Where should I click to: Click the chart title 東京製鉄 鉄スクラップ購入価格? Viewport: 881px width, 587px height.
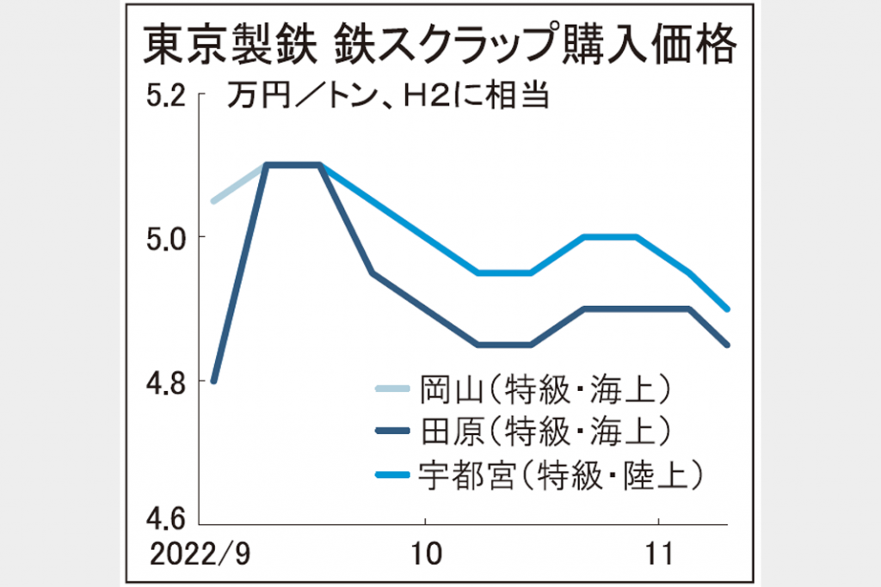pyautogui.click(x=440, y=45)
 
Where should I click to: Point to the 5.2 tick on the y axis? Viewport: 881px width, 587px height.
pyautogui.click(x=166, y=96)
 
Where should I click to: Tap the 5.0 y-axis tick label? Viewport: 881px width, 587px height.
pyautogui.click(x=166, y=239)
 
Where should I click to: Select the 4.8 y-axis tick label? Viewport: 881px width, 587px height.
pyautogui.click(x=166, y=384)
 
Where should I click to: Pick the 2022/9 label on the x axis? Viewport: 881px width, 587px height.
pyautogui.click(x=200, y=554)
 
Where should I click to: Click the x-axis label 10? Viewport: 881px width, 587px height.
pyautogui.click(x=426, y=554)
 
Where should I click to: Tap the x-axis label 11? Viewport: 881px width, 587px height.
pyautogui.click(x=658, y=554)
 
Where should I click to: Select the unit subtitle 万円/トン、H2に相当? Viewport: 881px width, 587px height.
pyautogui.click(x=388, y=95)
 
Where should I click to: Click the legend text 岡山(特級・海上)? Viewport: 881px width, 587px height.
pyautogui.click(x=545, y=389)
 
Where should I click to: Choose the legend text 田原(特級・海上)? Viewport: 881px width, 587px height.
pyautogui.click(x=545, y=431)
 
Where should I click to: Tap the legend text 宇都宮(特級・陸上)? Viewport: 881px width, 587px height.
pyautogui.click(x=561, y=475)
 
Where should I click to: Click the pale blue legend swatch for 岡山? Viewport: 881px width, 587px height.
pyautogui.click(x=392, y=388)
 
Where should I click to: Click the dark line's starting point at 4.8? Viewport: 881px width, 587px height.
pyautogui.click(x=213, y=381)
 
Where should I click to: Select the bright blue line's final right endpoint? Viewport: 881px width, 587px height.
pyautogui.click(x=728, y=309)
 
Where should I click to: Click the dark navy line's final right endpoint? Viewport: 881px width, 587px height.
pyautogui.click(x=728, y=345)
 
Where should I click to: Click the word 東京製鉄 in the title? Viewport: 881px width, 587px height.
pyautogui.click(x=226, y=45)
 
